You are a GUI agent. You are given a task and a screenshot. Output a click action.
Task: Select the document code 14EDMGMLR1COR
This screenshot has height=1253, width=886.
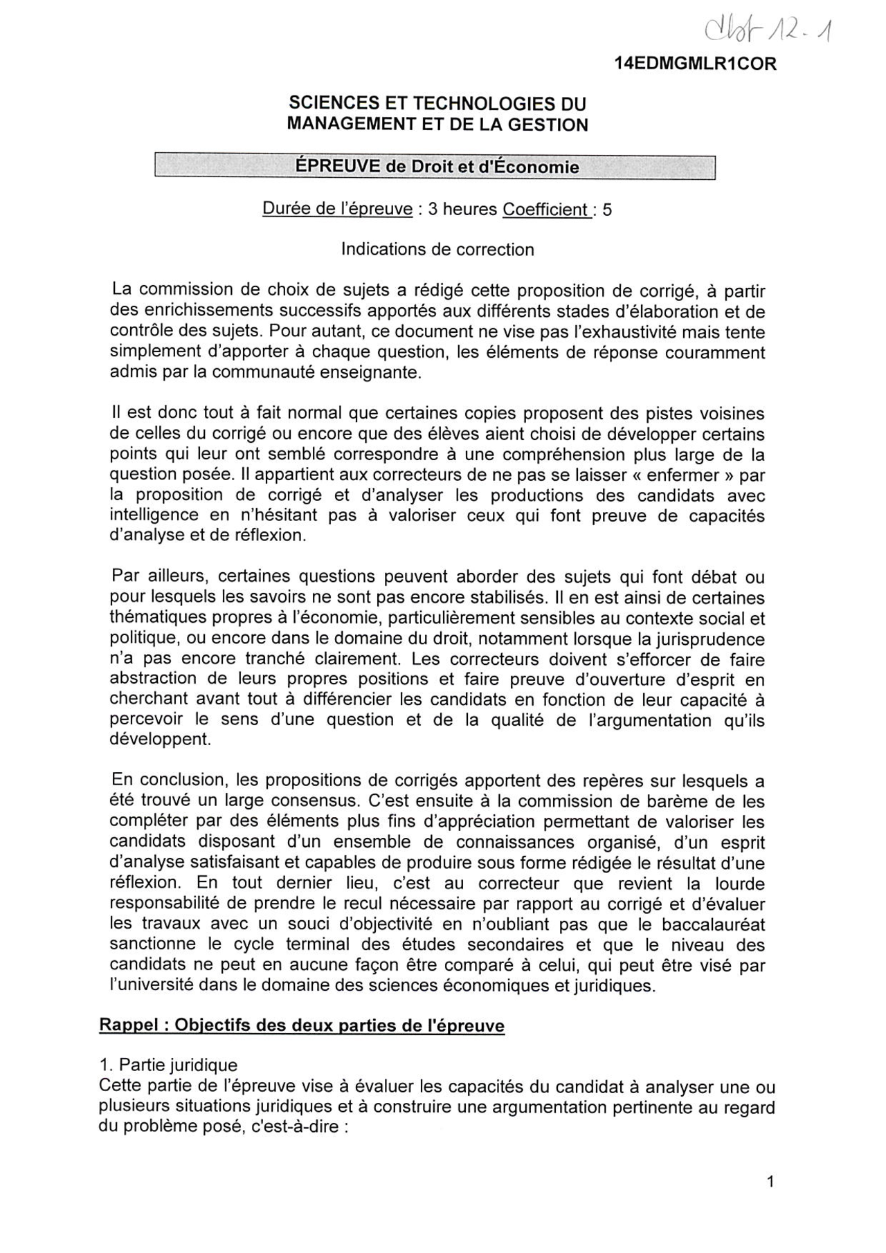(x=695, y=64)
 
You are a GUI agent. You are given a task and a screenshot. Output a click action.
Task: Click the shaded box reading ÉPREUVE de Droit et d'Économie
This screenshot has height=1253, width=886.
(x=435, y=167)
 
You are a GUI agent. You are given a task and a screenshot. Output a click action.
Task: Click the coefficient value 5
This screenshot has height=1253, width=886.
(x=607, y=210)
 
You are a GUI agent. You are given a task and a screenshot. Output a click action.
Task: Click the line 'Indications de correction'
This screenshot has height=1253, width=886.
(x=437, y=249)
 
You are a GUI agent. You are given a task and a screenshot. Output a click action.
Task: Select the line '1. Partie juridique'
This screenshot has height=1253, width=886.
(x=168, y=1065)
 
